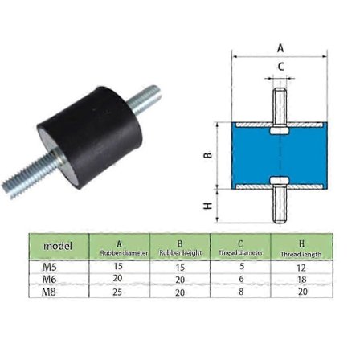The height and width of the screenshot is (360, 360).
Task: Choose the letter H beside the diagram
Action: (x=208, y=207)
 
